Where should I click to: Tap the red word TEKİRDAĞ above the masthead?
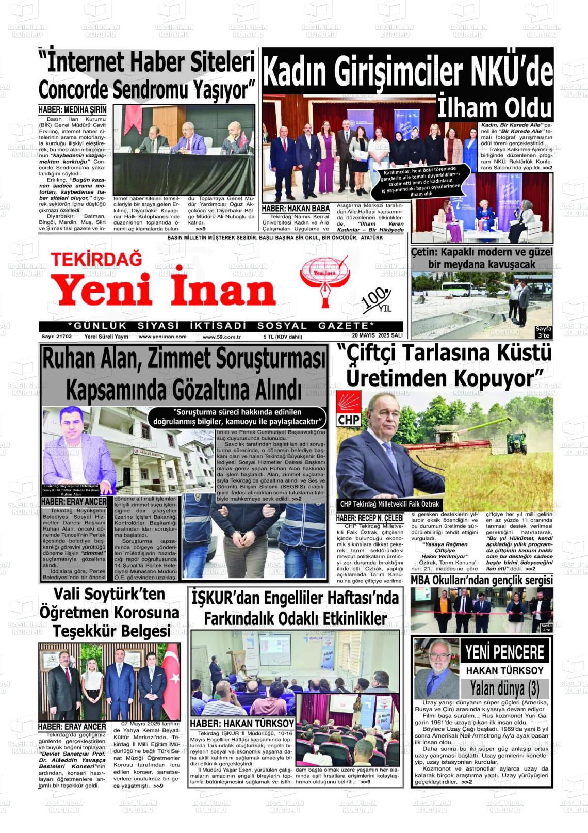(x=96, y=259)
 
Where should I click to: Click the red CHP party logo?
(x=349, y=408)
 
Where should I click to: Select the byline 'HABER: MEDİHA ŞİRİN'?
(x=72, y=110)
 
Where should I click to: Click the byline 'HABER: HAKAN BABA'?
(x=296, y=209)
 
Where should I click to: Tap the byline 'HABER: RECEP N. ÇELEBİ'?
(x=369, y=518)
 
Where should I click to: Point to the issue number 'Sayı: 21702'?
(x=57, y=337)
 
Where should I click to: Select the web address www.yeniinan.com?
(x=162, y=337)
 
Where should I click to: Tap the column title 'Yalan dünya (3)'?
(x=504, y=688)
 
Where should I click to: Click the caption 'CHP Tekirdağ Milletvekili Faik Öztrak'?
(x=389, y=504)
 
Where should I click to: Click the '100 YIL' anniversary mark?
(x=378, y=301)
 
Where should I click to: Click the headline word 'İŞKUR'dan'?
(x=226, y=598)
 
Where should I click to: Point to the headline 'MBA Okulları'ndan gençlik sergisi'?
(x=482, y=580)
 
